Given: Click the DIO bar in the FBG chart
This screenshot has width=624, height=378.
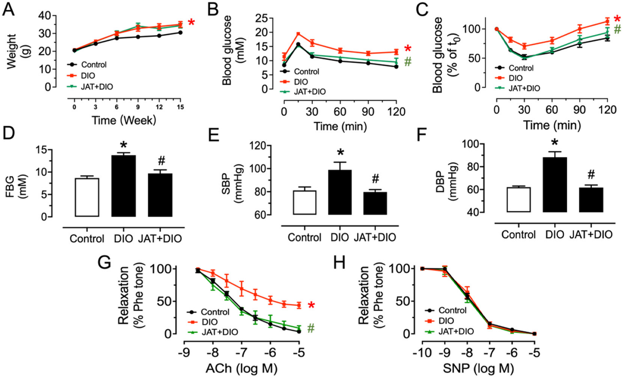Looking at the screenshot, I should pyautogui.click(x=123, y=186).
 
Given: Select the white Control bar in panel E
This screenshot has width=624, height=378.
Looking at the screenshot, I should pyautogui.click(x=304, y=202).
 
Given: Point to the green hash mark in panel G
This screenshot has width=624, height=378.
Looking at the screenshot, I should pyautogui.click(x=311, y=328).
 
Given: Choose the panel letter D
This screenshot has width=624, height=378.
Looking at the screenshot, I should pyautogui.click(x=9, y=133).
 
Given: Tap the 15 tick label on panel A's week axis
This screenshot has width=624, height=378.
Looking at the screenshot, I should pyautogui.click(x=180, y=107).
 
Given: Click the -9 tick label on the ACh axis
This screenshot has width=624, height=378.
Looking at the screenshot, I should pyautogui.click(x=184, y=353).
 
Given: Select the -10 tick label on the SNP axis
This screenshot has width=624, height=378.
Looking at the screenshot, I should pyautogui.click(x=422, y=353).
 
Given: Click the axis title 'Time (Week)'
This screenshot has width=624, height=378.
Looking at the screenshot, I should pyautogui.click(x=124, y=120).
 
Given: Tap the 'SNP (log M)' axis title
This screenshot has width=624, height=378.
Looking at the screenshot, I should pyautogui.click(x=478, y=368).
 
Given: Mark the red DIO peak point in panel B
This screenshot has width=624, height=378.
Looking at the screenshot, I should pyautogui.click(x=298, y=34).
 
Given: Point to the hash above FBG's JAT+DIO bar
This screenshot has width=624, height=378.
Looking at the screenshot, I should pyautogui.click(x=162, y=161).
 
